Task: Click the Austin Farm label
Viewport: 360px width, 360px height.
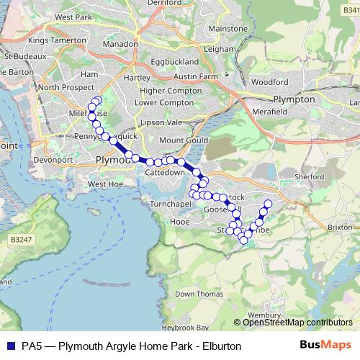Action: (x=195, y=76)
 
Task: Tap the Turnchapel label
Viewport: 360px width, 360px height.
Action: (x=168, y=205)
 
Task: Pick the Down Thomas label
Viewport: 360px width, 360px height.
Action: (x=195, y=294)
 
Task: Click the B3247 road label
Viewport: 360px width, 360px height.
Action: (x=20, y=238)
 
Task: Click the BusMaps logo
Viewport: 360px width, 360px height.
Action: (x=330, y=346)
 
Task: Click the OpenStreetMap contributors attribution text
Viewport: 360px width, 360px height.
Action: (x=297, y=323)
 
